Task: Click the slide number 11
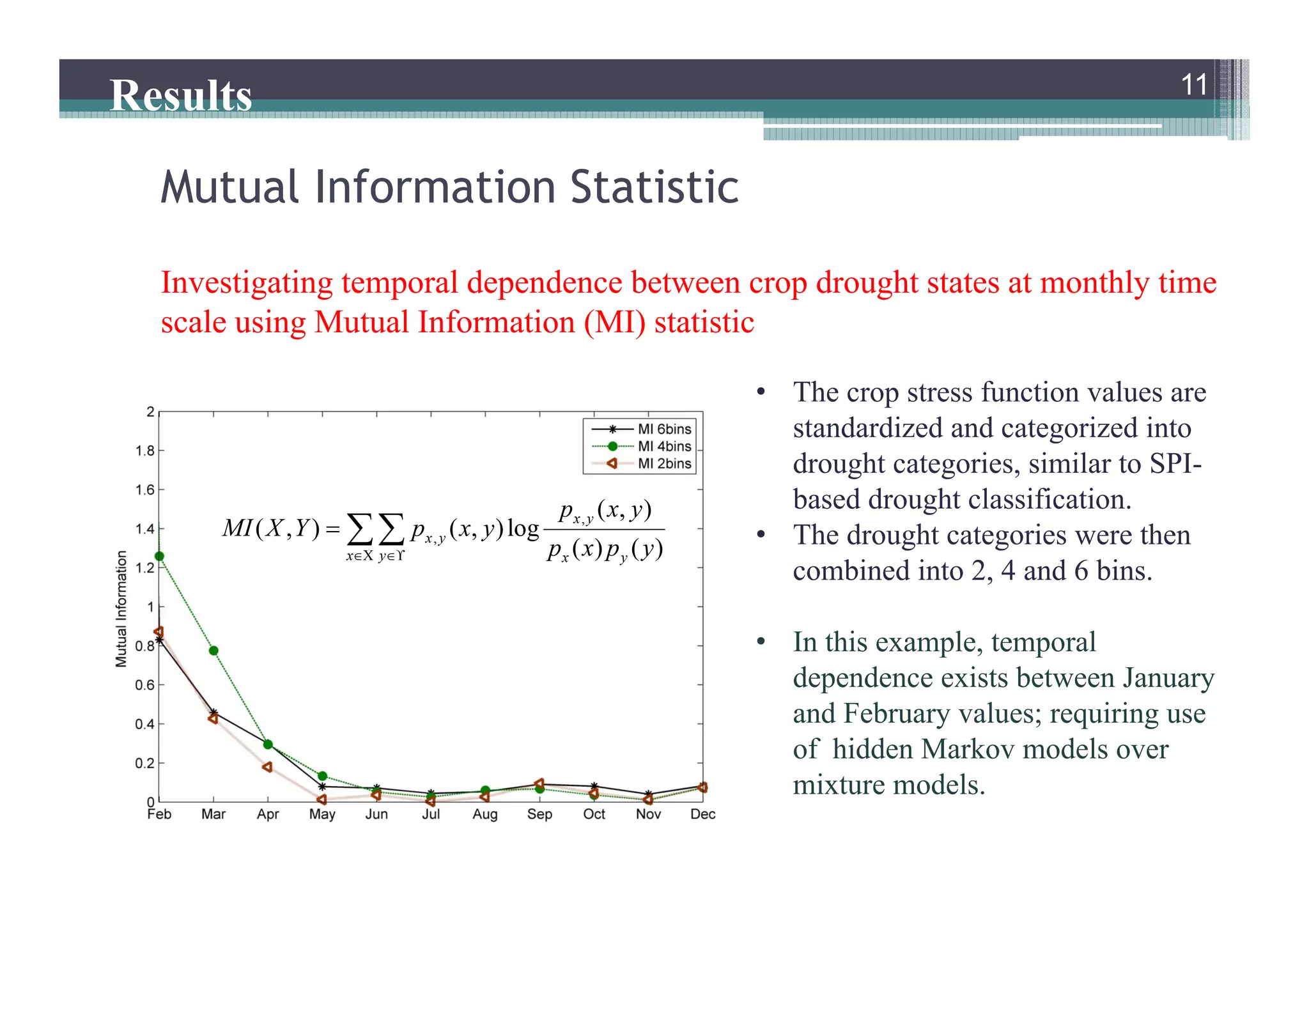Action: (1193, 85)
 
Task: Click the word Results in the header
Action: (181, 96)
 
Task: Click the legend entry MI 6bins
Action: (664, 429)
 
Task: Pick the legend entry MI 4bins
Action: (664, 446)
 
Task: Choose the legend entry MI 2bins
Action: (664, 463)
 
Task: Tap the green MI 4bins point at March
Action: (214, 651)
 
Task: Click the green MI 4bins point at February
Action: (160, 556)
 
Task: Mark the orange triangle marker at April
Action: (267, 767)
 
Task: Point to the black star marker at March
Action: (214, 712)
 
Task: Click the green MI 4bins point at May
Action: (323, 776)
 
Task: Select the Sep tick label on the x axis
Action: (539, 814)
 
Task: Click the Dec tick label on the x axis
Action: (702, 814)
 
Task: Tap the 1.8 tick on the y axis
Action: (145, 451)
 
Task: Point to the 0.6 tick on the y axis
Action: (145, 685)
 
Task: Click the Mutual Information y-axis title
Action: (121, 608)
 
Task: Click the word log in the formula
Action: (523, 529)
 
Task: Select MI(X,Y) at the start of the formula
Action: (270, 529)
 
